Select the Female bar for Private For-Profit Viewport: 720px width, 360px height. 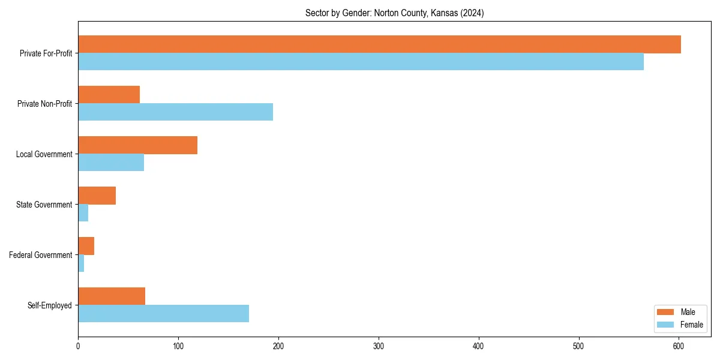coord(361,62)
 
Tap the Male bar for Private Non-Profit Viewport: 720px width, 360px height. coord(109,95)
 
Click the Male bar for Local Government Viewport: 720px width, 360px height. coord(137,145)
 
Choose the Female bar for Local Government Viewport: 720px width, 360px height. coord(111,163)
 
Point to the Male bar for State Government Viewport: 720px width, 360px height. coord(97,196)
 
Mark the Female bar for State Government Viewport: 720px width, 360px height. coord(83,213)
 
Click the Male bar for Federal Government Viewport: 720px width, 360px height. coord(86,246)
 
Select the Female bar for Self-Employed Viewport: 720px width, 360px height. coord(163,314)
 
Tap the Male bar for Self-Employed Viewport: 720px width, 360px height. coord(112,296)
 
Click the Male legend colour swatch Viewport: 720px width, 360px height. coord(666,312)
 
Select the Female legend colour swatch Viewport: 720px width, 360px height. coord(666,325)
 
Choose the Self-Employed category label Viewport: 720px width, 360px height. coord(50,305)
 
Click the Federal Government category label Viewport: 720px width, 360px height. coord(41,255)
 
